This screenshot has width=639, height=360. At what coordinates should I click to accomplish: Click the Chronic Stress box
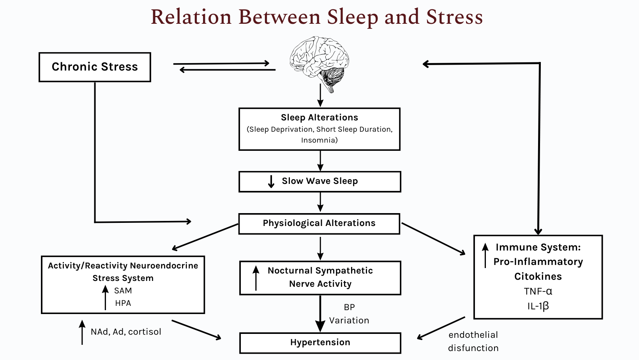(x=95, y=67)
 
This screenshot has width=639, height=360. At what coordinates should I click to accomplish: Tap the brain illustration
(x=319, y=62)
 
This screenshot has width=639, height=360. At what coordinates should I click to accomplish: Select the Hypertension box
(x=320, y=342)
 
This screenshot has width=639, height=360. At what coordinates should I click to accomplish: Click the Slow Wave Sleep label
(x=319, y=181)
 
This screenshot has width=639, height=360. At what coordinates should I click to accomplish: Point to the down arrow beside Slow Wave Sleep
(x=271, y=182)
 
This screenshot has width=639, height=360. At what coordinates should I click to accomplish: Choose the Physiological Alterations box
(x=319, y=223)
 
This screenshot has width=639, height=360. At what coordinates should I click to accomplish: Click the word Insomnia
(x=319, y=140)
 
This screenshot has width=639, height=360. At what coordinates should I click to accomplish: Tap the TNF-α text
(x=538, y=291)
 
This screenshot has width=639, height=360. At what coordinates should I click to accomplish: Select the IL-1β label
(x=538, y=306)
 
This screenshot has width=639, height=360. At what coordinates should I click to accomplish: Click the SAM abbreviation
(x=123, y=291)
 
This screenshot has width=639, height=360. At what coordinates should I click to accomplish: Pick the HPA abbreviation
(x=123, y=303)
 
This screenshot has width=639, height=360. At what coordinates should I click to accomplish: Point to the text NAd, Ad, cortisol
(x=126, y=332)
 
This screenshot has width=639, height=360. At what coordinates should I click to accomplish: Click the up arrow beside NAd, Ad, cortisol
(x=82, y=332)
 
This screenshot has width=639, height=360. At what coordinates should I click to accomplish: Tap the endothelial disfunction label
(x=473, y=341)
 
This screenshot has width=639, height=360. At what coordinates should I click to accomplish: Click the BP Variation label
(x=349, y=314)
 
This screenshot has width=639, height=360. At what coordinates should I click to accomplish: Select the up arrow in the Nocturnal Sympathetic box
(x=256, y=278)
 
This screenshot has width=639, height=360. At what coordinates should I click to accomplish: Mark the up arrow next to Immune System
(x=485, y=255)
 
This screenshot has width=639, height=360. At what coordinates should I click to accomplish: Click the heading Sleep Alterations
(x=319, y=118)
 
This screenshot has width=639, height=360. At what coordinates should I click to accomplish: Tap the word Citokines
(x=538, y=277)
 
